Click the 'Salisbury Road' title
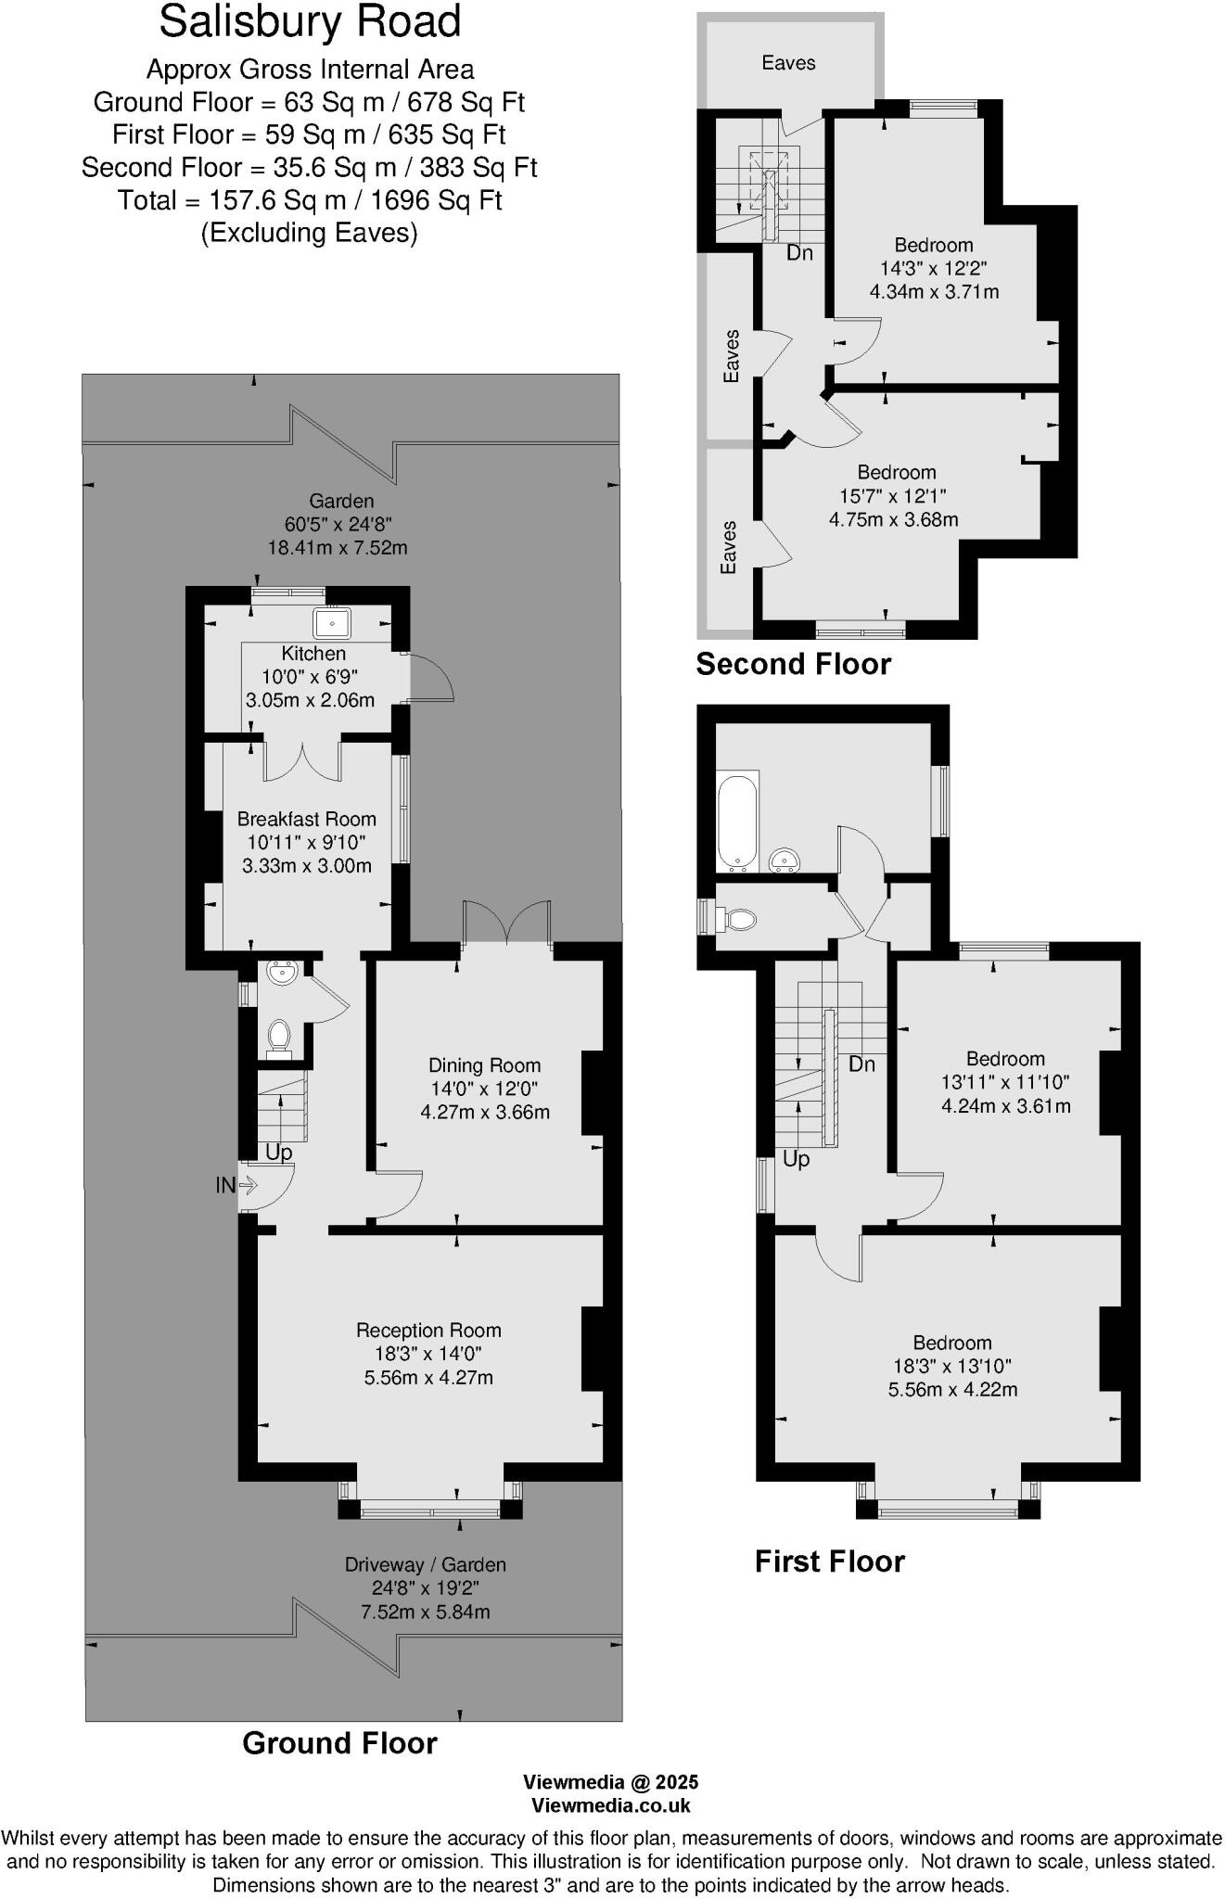point(310,22)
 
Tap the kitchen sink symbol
point(330,622)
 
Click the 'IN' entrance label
point(225,1185)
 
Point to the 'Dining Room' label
point(484,1065)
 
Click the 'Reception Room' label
point(428,1330)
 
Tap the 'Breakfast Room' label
point(306,819)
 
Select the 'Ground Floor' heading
point(339,1742)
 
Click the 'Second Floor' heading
point(793,664)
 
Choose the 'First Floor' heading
point(829,1561)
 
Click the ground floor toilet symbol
point(279,1037)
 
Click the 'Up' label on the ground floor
point(278,1152)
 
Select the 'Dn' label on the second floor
point(798,252)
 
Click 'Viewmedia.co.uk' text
point(610,1804)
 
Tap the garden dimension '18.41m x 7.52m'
point(338,547)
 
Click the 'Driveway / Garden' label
point(426,1564)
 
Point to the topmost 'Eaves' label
point(788,63)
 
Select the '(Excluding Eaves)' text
point(309,232)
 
